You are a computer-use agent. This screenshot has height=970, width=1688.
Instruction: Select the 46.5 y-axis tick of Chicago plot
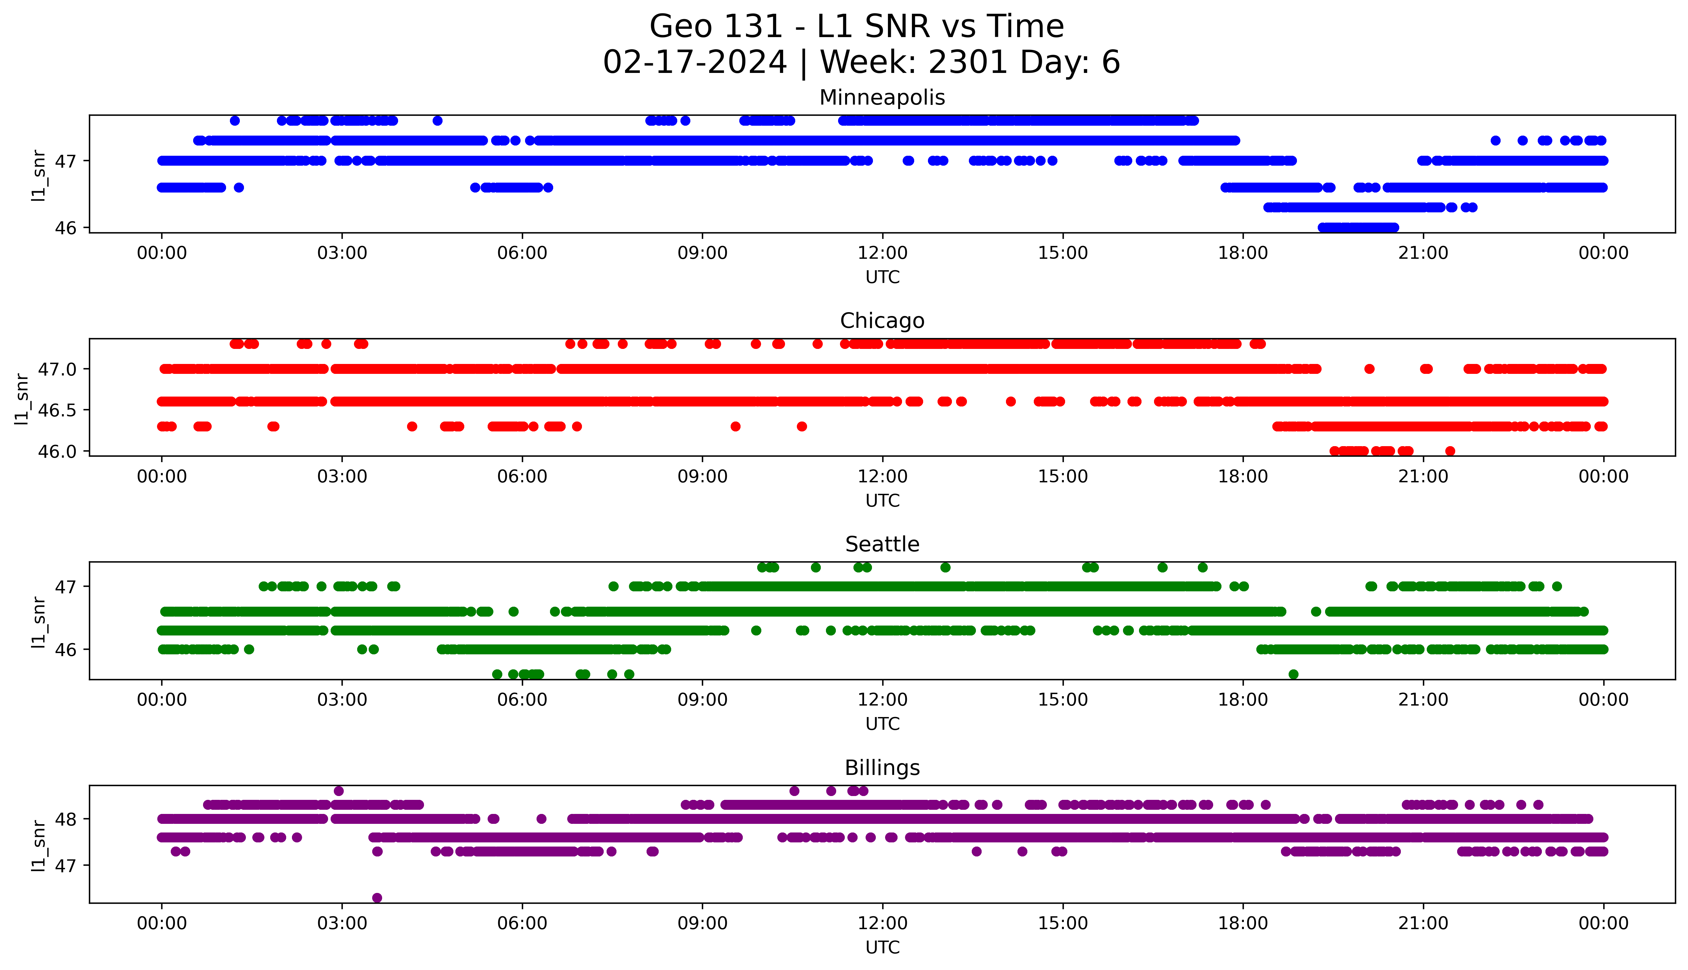57,410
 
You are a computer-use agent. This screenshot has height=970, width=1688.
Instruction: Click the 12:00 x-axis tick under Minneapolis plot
882,253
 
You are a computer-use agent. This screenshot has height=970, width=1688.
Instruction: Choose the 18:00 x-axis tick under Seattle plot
1243,699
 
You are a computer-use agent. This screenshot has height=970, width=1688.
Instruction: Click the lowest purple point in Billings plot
377,897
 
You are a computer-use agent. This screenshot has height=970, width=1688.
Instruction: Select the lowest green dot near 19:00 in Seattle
1293,674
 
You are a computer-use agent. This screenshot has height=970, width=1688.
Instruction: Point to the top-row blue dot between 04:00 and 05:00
437,121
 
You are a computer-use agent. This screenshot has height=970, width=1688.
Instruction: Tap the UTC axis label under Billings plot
882,947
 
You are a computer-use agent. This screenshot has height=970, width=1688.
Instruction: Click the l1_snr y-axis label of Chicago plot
22,398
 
